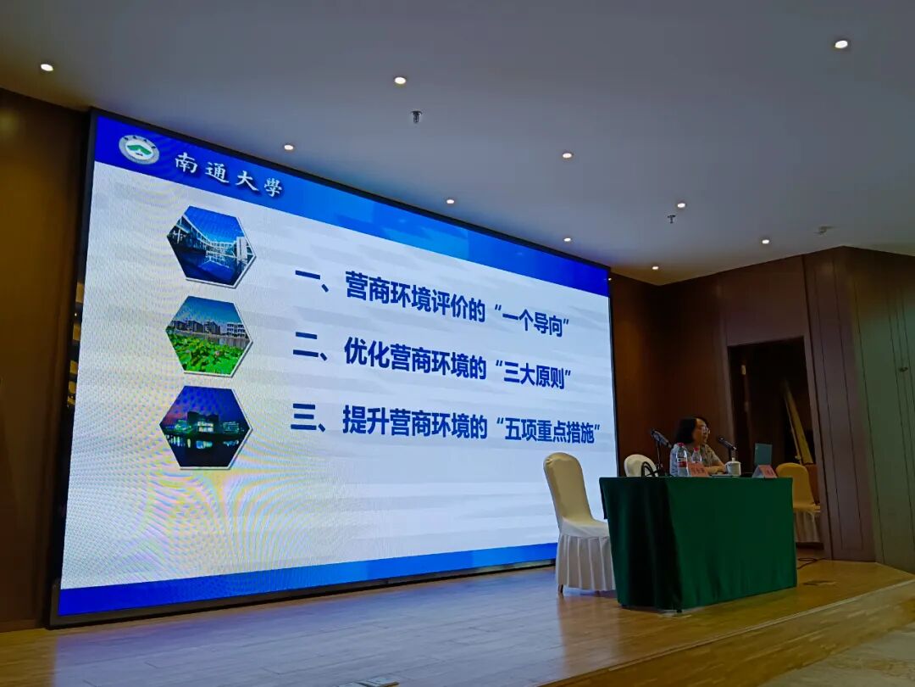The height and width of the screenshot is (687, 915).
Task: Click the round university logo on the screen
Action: click(x=139, y=149)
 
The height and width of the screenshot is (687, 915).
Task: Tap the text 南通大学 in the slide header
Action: click(x=228, y=173)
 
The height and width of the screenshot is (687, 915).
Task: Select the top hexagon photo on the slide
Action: click(x=210, y=246)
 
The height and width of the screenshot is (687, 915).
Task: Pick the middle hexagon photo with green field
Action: click(x=208, y=336)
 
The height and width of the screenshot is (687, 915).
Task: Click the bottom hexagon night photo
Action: click(x=205, y=427)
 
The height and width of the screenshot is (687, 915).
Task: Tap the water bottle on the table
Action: click(x=681, y=460)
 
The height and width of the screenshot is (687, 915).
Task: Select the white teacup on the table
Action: click(x=733, y=467)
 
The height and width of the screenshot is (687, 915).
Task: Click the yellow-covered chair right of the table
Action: click(x=801, y=500)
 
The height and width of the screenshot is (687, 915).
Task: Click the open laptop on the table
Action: click(x=762, y=455)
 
